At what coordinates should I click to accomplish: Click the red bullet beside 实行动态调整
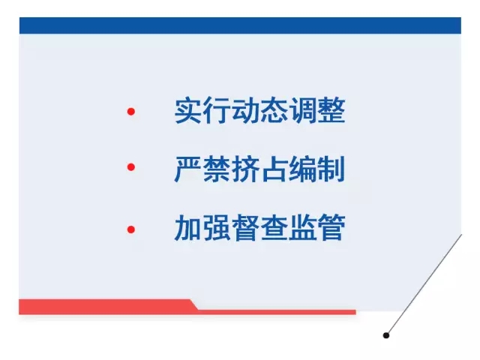click(x=131, y=112)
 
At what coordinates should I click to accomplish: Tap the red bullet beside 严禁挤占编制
click(x=131, y=166)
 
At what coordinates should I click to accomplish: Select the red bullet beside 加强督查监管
click(x=131, y=229)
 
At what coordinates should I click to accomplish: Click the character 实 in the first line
click(x=188, y=110)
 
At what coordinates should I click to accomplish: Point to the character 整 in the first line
click(x=331, y=110)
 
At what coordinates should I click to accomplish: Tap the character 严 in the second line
click(x=188, y=169)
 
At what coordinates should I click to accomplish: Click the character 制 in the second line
click(x=331, y=169)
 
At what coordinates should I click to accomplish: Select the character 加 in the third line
click(x=188, y=227)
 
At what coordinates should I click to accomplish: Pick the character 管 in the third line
click(x=331, y=227)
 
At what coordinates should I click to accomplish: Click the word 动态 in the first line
click(x=260, y=110)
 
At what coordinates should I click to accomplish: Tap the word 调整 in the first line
click(x=317, y=110)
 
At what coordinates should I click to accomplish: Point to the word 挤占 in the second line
click(x=260, y=169)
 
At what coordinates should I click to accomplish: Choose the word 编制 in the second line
click(x=317, y=169)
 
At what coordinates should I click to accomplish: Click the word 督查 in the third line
click(x=260, y=227)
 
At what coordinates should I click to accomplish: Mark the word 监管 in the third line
click(x=317, y=227)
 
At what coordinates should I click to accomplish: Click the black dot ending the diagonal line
click(x=386, y=335)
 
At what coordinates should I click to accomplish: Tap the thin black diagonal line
click(x=424, y=284)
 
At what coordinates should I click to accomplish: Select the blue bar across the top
click(x=240, y=25)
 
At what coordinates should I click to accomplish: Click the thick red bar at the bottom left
click(x=107, y=307)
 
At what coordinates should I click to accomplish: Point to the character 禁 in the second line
click(x=217, y=169)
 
